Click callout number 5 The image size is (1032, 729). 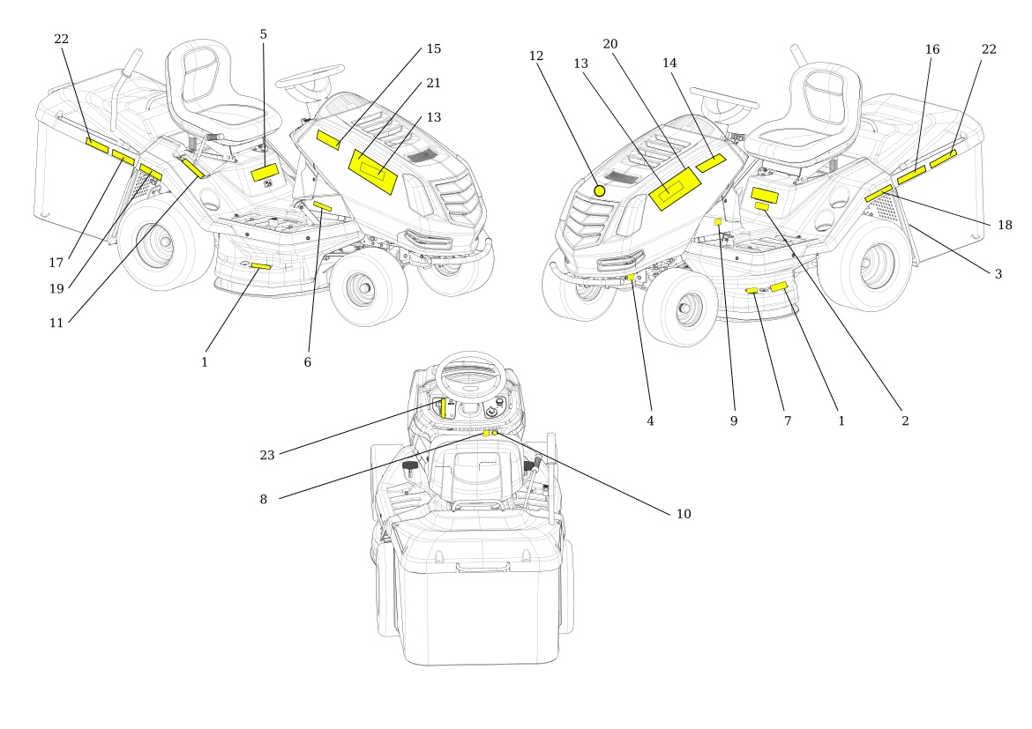click(x=263, y=34)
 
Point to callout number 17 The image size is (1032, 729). click(x=56, y=262)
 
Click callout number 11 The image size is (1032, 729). click(x=56, y=323)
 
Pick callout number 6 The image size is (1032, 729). click(x=307, y=362)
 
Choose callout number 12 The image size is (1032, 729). click(x=536, y=56)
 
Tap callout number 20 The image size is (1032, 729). click(x=610, y=43)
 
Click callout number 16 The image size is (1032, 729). click(x=932, y=49)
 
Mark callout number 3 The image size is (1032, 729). click(x=998, y=274)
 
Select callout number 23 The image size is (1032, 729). click(x=267, y=455)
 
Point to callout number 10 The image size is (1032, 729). click(x=684, y=514)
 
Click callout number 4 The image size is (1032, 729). click(x=650, y=421)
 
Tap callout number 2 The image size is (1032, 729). click(x=904, y=421)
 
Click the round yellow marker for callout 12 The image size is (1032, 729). click(x=600, y=190)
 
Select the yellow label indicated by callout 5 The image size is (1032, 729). click(x=265, y=172)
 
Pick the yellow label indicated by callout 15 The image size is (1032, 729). click(x=328, y=140)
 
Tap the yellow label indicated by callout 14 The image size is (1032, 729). click(x=710, y=162)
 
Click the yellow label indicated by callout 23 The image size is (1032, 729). click(x=443, y=406)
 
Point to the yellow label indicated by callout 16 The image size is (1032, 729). click(x=911, y=175)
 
